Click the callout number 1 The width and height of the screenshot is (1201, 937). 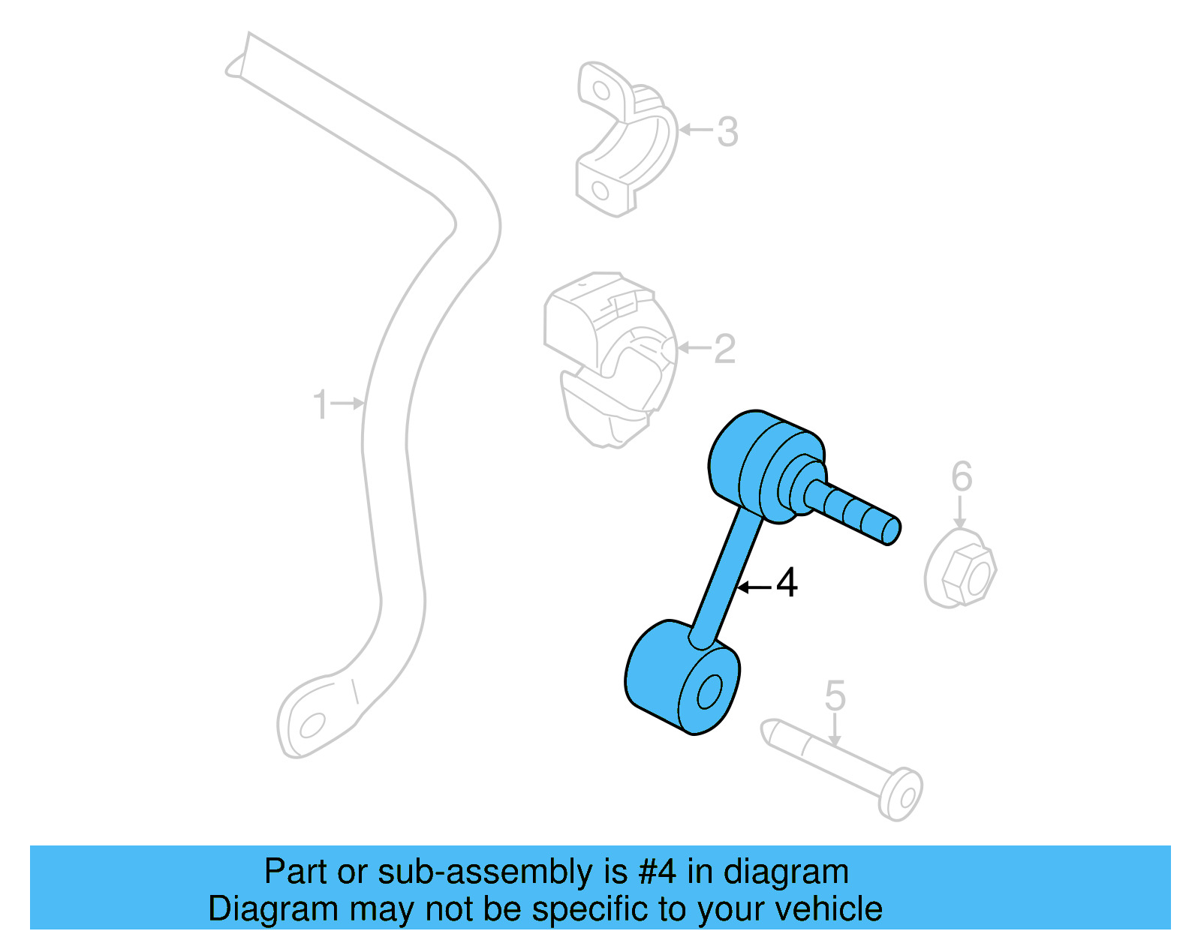[320, 404]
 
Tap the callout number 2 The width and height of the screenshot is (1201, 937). [724, 348]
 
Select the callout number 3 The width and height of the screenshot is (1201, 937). [727, 132]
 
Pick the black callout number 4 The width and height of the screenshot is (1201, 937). [787, 582]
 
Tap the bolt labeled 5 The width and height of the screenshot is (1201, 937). [841, 768]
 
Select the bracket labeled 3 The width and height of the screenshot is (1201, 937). [627, 139]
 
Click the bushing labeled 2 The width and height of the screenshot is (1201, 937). [610, 359]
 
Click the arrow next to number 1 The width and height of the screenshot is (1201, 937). [348, 404]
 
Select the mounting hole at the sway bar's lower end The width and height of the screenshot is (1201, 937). [312, 725]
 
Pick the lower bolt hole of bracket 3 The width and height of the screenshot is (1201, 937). [600, 191]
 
